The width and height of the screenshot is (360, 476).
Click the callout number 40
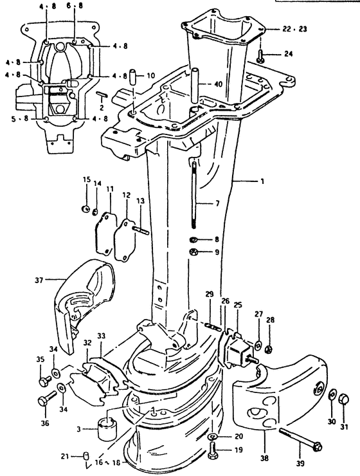[218, 84]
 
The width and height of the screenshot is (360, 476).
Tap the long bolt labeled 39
[299, 438]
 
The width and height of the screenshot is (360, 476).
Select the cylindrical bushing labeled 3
[107, 429]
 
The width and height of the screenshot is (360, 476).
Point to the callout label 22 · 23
[294, 29]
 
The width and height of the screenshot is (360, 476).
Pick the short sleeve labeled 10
[134, 77]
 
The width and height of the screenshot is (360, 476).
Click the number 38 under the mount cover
[264, 459]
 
